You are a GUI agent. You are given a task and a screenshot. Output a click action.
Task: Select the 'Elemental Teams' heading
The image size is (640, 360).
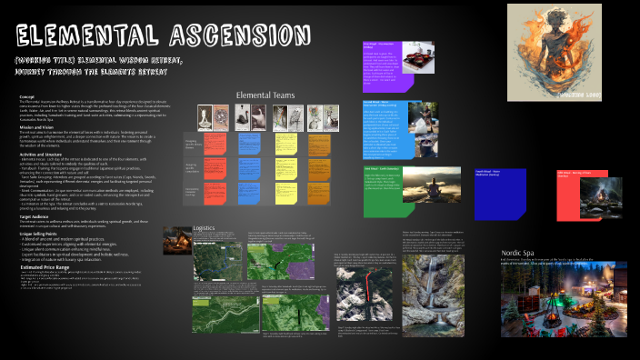pos(265,95)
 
